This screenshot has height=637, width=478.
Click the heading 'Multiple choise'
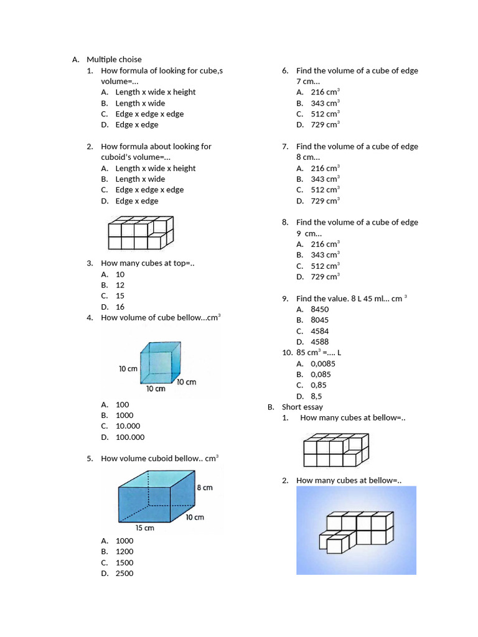tap(114, 60)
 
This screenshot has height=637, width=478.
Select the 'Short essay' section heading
tap(302, 407)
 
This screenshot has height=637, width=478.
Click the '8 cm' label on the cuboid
tap(205, 488)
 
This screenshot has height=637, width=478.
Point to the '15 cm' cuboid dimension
tap(144, 528)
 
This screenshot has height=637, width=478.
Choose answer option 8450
tap(320, 309)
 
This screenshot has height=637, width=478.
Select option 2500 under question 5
tap(124, 574)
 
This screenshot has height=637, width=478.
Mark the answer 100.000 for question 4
tap(129, 437)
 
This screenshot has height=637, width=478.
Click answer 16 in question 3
tap(120, 307)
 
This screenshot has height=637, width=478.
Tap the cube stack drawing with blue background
tap(356, 530)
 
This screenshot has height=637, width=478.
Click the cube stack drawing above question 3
tap(141, 233)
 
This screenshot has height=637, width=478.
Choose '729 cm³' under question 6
tap(325, 125)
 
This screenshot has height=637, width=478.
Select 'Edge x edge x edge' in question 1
tap(149, 114)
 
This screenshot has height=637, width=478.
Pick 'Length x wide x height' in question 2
tap(156, 169)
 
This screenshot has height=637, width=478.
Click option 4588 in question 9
tap(320, 342)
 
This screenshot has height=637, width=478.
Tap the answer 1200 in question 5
tap(124, 551)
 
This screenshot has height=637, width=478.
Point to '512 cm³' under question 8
tap(325, 266)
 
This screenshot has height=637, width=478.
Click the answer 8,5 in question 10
tap(317, 396)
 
